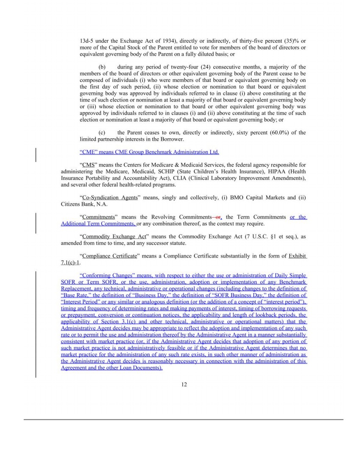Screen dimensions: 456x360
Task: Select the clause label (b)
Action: coord(102,67)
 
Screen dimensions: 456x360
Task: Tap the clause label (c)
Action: coord(102,132)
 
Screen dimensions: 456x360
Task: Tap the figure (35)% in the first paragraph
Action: coord(285,41)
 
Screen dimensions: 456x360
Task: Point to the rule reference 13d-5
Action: coord(87,41)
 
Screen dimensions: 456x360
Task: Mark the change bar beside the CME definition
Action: coord(36,154)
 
